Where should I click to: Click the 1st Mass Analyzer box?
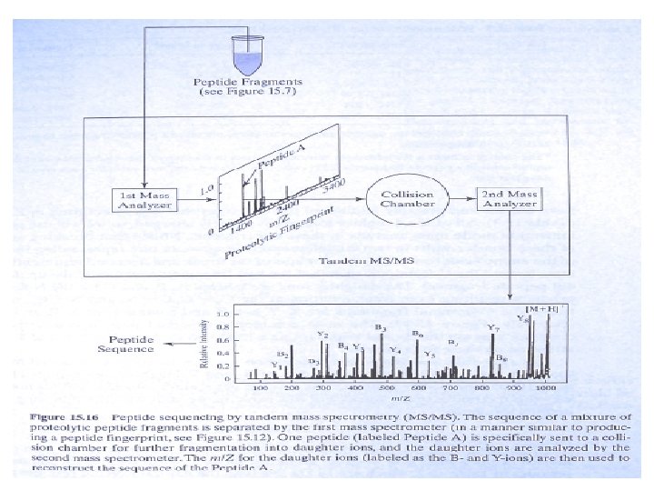point(142,198)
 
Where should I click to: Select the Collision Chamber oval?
point(407,199)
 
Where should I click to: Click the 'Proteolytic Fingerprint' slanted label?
point(277,234)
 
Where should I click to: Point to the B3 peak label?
point(381,326)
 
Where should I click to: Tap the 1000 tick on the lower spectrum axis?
point(545,388)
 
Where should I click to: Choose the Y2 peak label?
point(322,335)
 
